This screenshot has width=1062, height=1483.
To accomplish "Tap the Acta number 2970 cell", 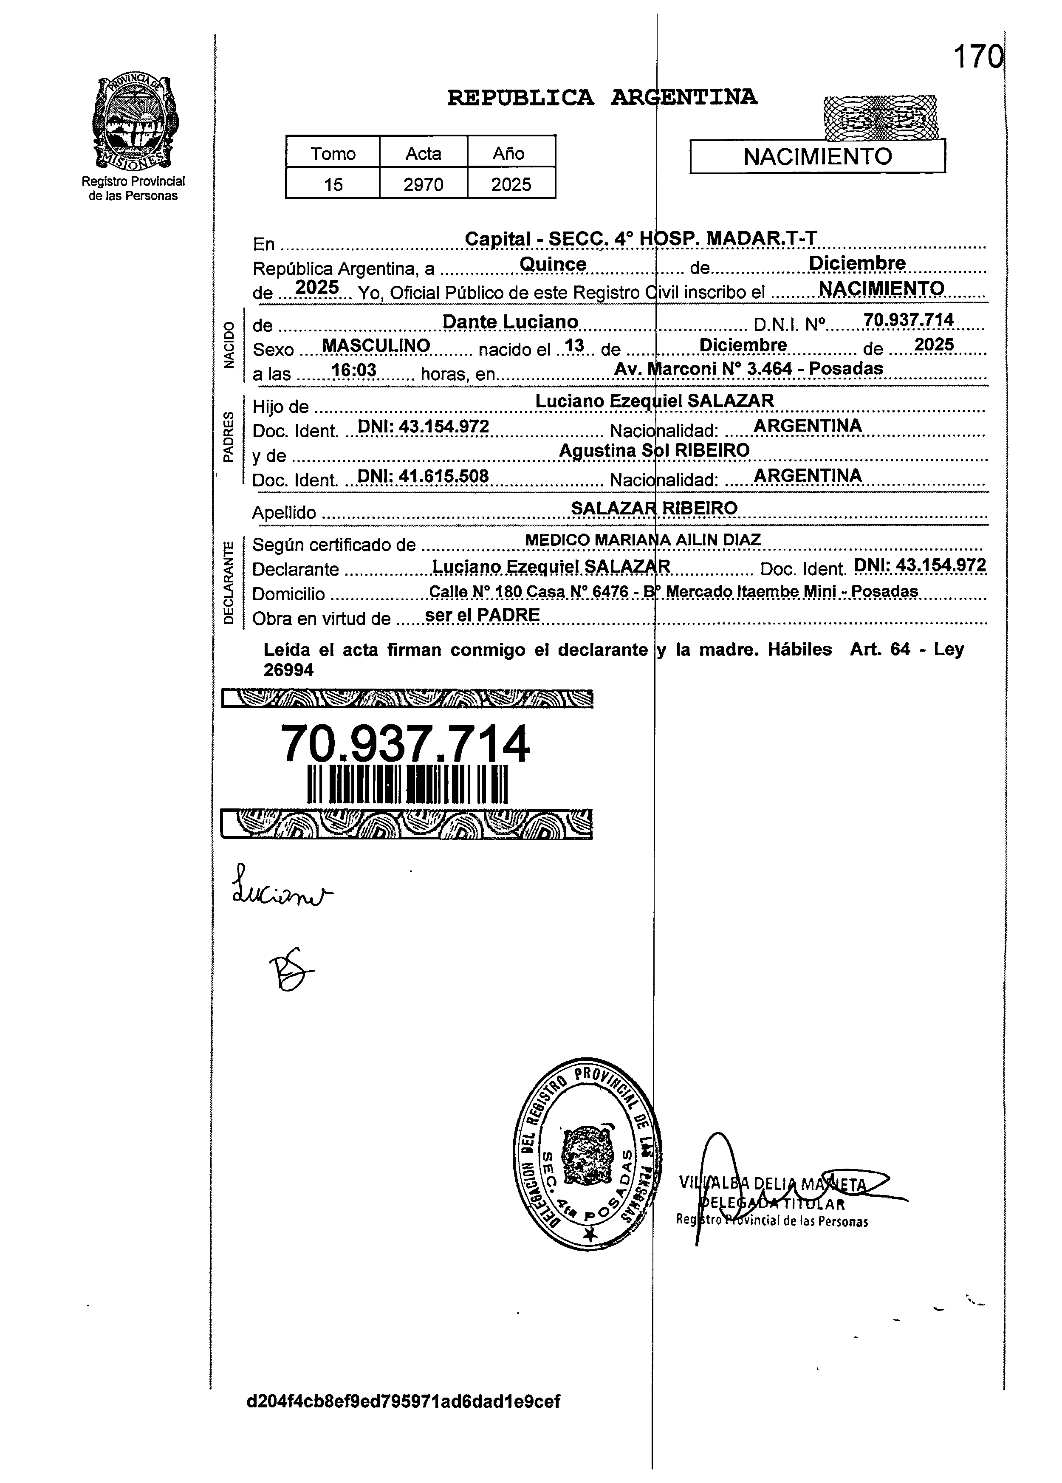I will (x=423, y=184).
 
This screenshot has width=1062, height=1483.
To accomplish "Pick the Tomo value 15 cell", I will (x=333, y=184).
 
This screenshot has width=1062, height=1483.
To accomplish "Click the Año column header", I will (x=509, y=154).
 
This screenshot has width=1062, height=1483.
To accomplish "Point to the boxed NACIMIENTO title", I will (x=817, y=157).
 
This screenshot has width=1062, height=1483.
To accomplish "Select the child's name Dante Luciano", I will (x=510, y=322).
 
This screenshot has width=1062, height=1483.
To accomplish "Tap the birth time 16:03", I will (x=354, y=371).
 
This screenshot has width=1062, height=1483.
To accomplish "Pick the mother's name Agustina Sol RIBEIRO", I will (x=654, y=450).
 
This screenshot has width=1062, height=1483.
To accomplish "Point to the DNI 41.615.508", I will (x=424, y=476).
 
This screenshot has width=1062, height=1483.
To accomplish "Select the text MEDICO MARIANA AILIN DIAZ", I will (x=643, y=540).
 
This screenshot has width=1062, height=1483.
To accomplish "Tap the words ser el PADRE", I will (x=482, y=615).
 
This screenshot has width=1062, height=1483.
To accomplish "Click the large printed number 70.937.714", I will (x=405, y=745).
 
